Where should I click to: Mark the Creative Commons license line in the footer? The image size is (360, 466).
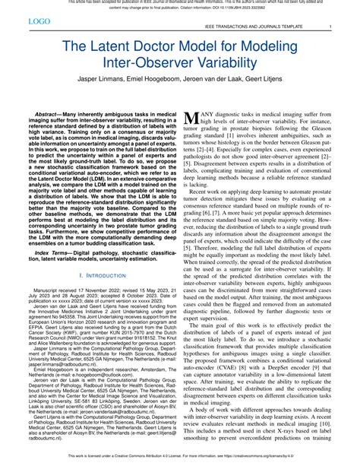point(180,458)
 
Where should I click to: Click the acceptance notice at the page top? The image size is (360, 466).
point(180,5)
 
